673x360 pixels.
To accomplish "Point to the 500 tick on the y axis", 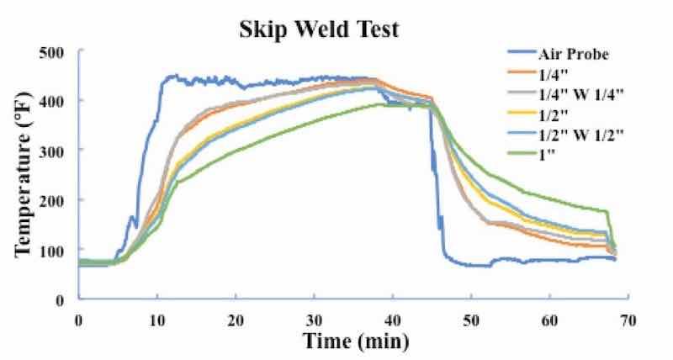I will click(55, 52).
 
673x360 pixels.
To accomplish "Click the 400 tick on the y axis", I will click(55, 101).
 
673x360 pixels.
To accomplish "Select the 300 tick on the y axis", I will click(55, 151).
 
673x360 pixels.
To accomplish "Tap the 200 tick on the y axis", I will click(55, 200).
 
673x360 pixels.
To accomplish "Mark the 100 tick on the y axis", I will click(55, 250).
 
